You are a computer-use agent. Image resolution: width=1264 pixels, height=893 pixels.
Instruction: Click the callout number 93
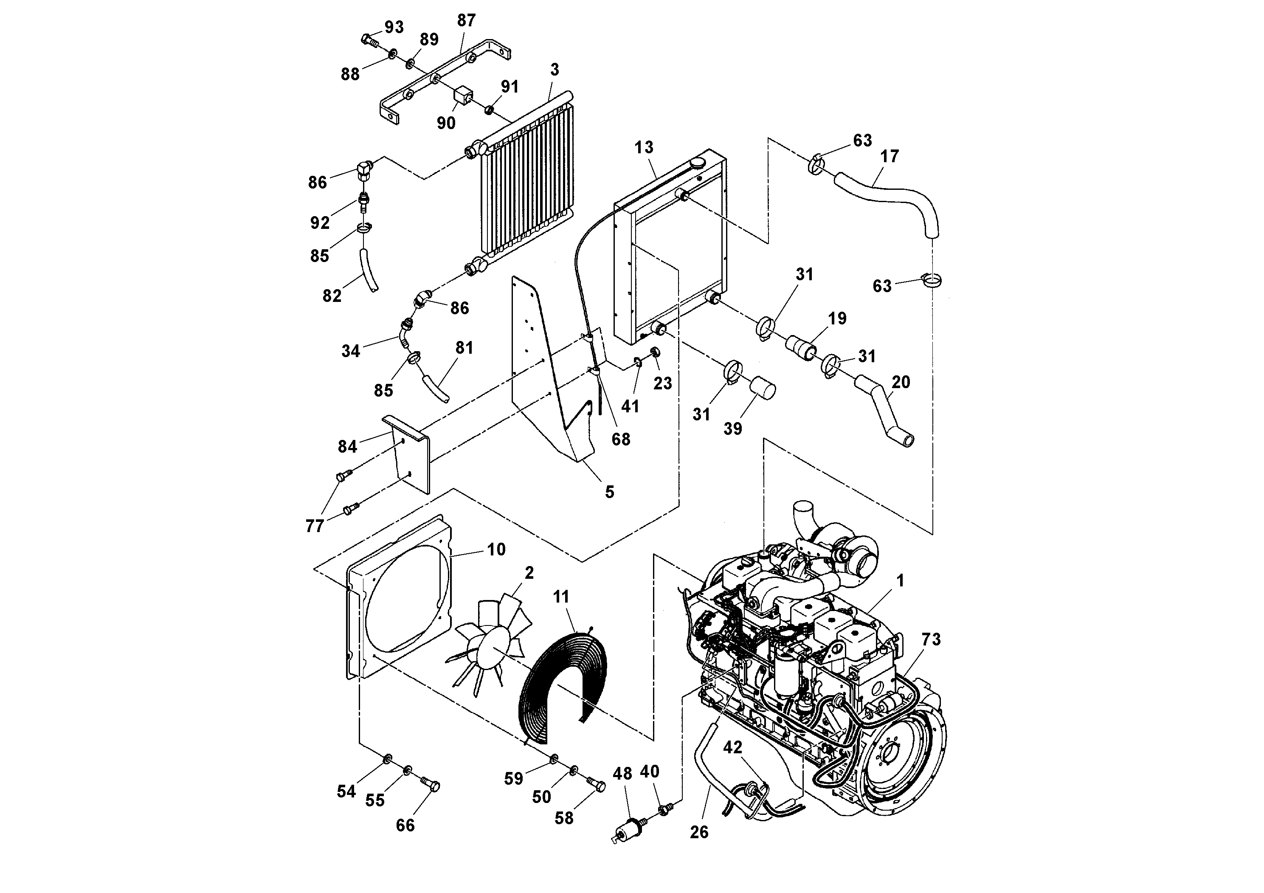[394, 28]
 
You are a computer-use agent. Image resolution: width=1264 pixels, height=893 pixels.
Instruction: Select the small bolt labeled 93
[369, 39]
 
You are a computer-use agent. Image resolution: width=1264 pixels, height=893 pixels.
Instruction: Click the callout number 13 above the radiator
[644, 147]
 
